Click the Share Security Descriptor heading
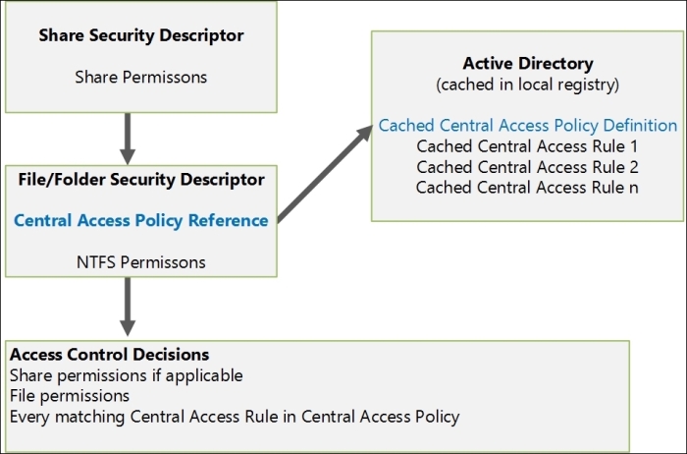(141, 35)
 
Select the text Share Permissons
(141, 76)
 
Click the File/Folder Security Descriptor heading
(141, 180)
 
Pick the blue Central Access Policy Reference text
(141, 220)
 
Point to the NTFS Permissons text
(141, 261)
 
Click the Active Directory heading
(528, 65)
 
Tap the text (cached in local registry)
(528, 85)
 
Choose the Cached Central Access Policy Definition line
(528, 126)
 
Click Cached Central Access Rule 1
(528, 146)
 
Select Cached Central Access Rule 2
(528, 166)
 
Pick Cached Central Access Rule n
(528, 187)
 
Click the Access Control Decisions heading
(109, 355)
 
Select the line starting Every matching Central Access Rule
(234, 417)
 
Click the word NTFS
(94, 261)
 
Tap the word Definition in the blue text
(641, 126)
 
